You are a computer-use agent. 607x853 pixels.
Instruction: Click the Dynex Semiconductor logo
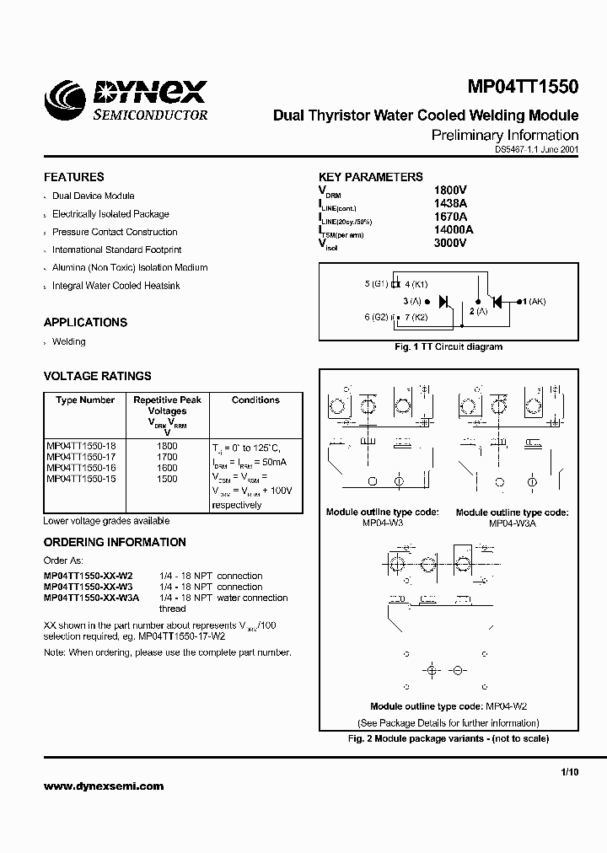pyautogui.click(x=126, y=99)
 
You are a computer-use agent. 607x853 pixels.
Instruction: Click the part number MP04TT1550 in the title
pyautogui.click(x=523, y=87)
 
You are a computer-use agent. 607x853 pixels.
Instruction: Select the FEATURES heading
pyautogui.click(x=73, y=177)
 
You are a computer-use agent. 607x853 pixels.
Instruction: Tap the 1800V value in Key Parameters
pyautogui.click(x=449, y=190)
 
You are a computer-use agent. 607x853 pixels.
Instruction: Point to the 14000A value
pyautogui.click(x=454, y=229)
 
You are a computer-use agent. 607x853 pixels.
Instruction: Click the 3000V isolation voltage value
pyautogui.click(x=449, y=243)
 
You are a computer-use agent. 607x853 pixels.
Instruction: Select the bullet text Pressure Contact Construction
pyautogui.click(x=115, y=232)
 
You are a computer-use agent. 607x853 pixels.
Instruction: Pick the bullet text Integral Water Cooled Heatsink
pyautogui.click(x=115, y=286)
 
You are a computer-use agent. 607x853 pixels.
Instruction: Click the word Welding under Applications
pyautogui.click(x=69, y=341)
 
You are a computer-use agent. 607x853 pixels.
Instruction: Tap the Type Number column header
pyautogui.click(x=85, y=400)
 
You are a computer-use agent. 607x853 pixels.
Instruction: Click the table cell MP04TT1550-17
pyautogui.click(x=81, y=457)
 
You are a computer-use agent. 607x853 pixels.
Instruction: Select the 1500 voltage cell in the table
pyautogui.click(x=167, y=479)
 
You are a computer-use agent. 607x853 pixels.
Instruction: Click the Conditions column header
pyautogui.click(x=255, y=400)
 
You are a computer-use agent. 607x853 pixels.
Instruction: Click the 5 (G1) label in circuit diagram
pyautogui.click(x=377, y=284)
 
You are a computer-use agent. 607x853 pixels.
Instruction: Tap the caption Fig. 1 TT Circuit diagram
pyautogui.click(x=449, y=346)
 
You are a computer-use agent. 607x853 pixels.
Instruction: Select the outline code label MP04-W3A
pyautogui.click(x=512, y=523)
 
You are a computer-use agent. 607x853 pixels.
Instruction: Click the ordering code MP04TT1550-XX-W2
pyautogui.click(x=88, y=576)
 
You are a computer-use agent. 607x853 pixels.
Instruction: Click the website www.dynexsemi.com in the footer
pyautogui.click(x=104, y=786)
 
